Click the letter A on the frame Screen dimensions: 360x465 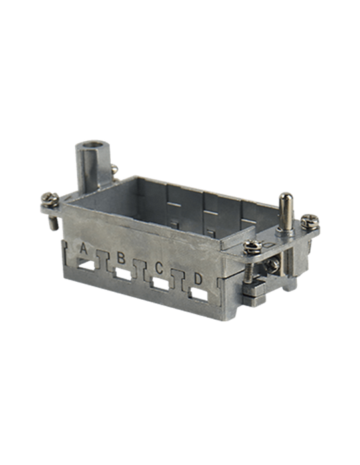click(x=84, y=248)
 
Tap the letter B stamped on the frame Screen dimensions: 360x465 click(x=121, y=258)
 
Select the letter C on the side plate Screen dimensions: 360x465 click(x=159, y=268)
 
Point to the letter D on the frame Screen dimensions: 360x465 click(x=198, y=278)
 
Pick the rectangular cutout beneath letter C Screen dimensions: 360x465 click(x=162, y=284)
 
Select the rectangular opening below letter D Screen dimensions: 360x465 click(x=200, y=294)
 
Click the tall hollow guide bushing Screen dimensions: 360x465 click(x=89, y=165)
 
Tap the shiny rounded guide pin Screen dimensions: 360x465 click(x=285, y=211)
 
